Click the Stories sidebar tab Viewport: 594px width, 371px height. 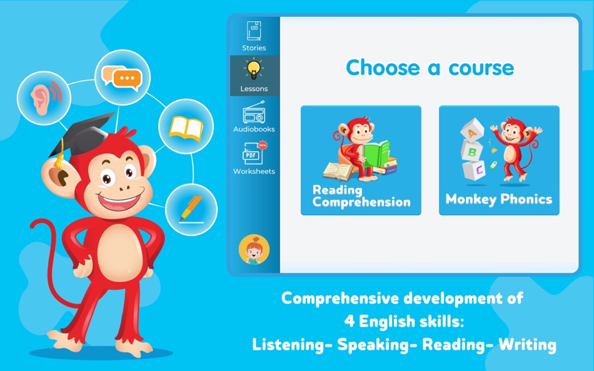[254, 36]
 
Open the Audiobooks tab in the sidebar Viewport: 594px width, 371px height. [254, 119]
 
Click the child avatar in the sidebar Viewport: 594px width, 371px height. [254, 250]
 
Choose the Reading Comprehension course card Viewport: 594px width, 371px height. [361, 161]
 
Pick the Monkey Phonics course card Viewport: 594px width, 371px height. [499, 161]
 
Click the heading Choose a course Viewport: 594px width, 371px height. [430, 67]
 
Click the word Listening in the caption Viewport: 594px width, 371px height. [291, 344]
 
